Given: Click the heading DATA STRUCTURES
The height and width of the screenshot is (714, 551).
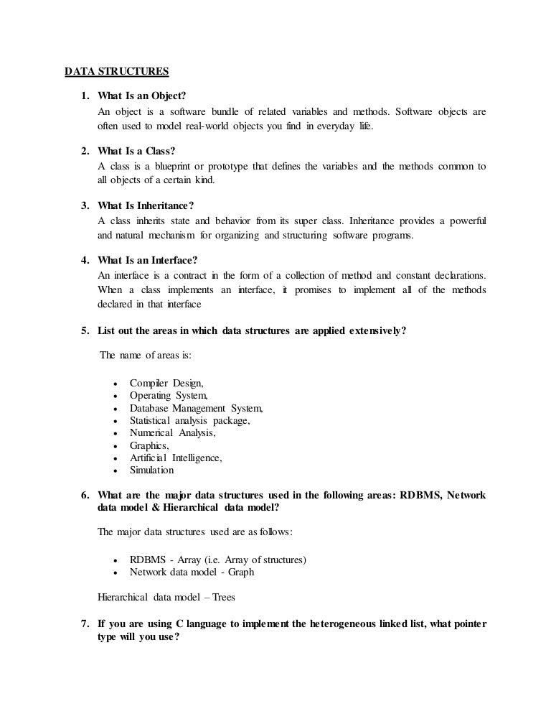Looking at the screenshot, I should point(117,71).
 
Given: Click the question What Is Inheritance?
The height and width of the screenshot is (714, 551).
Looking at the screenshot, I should point(146,205).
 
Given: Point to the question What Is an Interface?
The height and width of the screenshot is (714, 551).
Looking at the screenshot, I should point(147,259).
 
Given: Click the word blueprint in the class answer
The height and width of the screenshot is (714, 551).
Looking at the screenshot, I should point(167,166).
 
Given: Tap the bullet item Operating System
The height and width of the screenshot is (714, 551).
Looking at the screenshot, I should point(169,395).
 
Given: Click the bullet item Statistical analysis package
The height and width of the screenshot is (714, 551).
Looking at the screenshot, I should point(190,420).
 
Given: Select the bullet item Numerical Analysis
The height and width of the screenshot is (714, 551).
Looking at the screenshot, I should point(172,433).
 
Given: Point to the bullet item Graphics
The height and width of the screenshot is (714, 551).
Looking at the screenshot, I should point(149,445).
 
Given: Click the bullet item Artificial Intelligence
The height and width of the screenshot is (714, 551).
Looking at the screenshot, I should point(176,458).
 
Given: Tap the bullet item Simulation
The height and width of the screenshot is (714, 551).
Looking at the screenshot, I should point(151,470).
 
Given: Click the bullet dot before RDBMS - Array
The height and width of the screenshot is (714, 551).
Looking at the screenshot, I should point(116,560).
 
